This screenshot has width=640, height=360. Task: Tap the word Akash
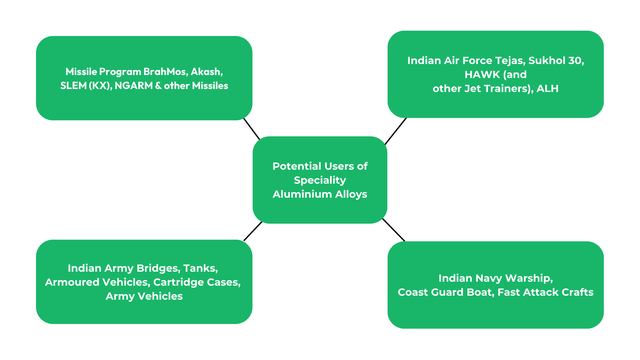tap(206, 72)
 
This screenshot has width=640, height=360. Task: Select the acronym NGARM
tap(134, 86)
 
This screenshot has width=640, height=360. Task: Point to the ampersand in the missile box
tap(158, 86)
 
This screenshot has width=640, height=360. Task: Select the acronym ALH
tap(547, 88)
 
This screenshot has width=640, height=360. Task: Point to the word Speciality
tap(320, 180)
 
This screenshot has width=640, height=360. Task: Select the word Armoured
tap(72, 282)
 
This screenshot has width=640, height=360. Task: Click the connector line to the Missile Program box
tap(252, 129)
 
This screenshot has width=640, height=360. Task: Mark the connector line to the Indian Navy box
tap(394, 230)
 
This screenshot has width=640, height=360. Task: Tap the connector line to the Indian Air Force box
tap(396, 131)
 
